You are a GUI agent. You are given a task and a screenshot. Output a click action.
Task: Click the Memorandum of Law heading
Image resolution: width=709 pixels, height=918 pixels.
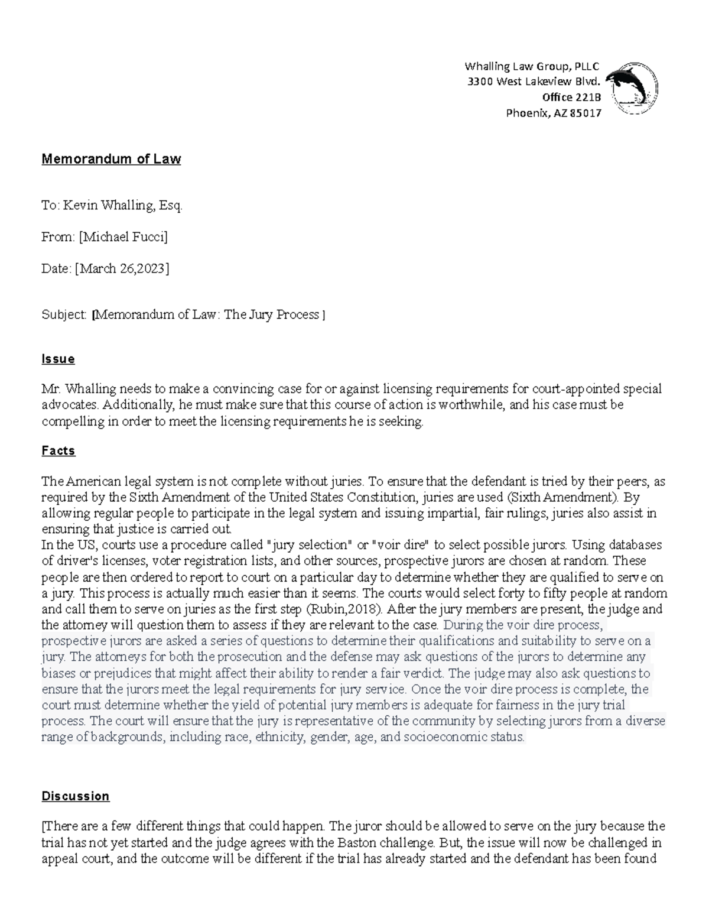[x=111, y=159]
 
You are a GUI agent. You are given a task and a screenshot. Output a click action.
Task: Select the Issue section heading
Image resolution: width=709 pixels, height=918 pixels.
[x=58, y=359]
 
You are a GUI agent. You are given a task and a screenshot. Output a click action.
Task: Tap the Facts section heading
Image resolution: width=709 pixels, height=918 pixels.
[x=58, y=451]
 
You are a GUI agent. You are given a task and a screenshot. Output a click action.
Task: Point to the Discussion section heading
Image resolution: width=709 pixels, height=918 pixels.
[x=75, y=796]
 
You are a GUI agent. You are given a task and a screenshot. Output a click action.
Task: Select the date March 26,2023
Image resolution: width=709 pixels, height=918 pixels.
[x=122, y=269]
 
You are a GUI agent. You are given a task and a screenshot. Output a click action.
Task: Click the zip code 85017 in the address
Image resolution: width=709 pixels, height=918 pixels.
[x=585, y=113]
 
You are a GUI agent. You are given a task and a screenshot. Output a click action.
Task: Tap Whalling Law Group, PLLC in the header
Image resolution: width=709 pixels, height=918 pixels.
[x=532, y=66]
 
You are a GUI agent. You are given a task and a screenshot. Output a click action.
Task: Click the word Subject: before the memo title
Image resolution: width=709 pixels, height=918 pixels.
[x=64, y=314]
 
